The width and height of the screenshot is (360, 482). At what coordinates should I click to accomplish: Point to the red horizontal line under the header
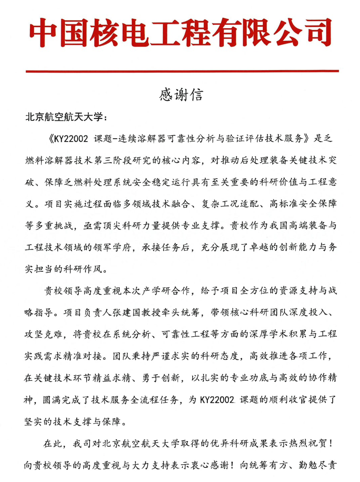182,71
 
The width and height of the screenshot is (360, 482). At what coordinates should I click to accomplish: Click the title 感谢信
181,95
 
